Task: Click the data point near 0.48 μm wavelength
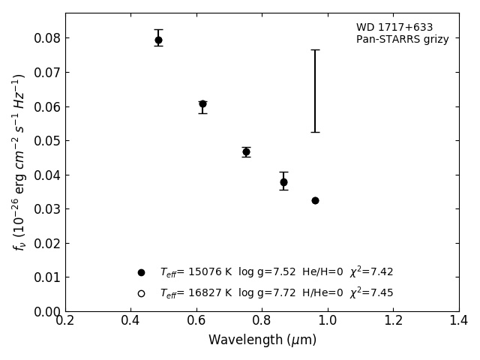click(x=158, y=40)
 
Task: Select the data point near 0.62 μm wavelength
click(x=202, y=104)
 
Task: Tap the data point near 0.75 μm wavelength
click(x=246, y=151)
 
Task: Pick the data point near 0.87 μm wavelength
click(x=283, y=182)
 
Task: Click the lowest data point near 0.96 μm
click(x=315, y=200)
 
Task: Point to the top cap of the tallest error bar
click(x=315, y=49)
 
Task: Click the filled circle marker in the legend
click(x=141, y=272)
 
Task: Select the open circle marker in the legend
click(x=141, y=293)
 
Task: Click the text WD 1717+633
click(x=394, y=28)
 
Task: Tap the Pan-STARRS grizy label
click(x=402, y=40)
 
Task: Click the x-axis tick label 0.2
click(x=65, y=321)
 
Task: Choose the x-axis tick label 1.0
click(x=328, y=321)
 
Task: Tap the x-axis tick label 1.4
click(x=459, y=321)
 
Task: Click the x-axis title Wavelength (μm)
click(x=262, y=340)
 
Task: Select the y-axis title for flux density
click(x=19, y=161)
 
